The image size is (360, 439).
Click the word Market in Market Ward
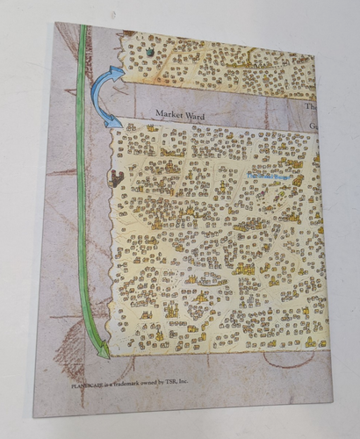pyautogui.click(x=167, y=113)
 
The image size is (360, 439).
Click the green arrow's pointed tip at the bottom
pyautogui.click(x=104, y=355)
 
